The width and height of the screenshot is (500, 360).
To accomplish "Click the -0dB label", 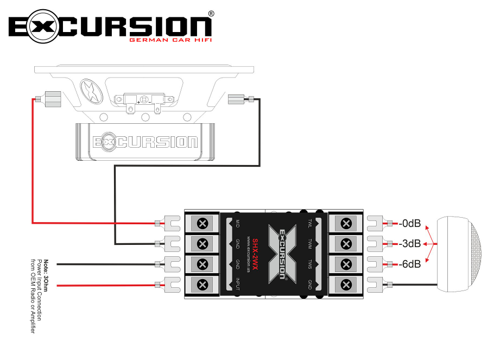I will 410,223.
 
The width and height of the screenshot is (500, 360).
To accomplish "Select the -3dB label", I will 410,243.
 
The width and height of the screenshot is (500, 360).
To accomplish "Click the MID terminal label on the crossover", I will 237,224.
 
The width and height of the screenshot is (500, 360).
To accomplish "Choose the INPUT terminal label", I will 237,284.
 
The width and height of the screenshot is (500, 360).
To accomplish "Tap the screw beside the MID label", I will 203,224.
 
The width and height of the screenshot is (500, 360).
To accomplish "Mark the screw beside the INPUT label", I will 203,284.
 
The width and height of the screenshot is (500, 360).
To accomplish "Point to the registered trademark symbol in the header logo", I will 211,13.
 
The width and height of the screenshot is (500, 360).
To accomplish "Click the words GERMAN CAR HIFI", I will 169,40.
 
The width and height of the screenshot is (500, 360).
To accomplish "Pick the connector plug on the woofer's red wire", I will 52,98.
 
